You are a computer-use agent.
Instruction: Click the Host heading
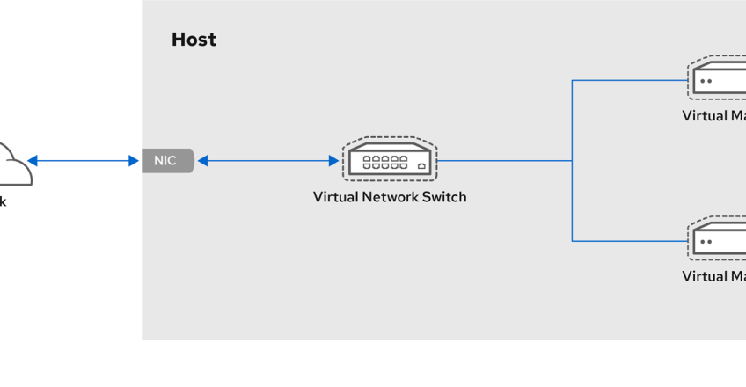pos(194,40)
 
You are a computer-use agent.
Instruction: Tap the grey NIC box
pos(166,161)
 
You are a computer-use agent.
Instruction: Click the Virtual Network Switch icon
pos(390,160)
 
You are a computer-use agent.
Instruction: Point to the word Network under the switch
pos(392,197)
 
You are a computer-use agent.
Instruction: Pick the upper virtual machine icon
pos(718,79)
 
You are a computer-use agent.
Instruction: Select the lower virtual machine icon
pos(718,239)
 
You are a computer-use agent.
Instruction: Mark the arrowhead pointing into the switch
pos(333,161)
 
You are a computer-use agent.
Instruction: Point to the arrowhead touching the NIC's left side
pos(134,161)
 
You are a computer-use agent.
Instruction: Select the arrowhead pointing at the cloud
pos(33,161)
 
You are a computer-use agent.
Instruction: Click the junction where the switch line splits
pos(572,161)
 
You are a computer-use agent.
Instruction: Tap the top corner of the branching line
pos(572,81)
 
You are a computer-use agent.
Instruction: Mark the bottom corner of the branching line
pos(572,240)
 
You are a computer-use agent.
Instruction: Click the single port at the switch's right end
pos(422,165)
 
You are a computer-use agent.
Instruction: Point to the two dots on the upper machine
pos(706,81)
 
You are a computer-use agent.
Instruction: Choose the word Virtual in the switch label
pos(335,197)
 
